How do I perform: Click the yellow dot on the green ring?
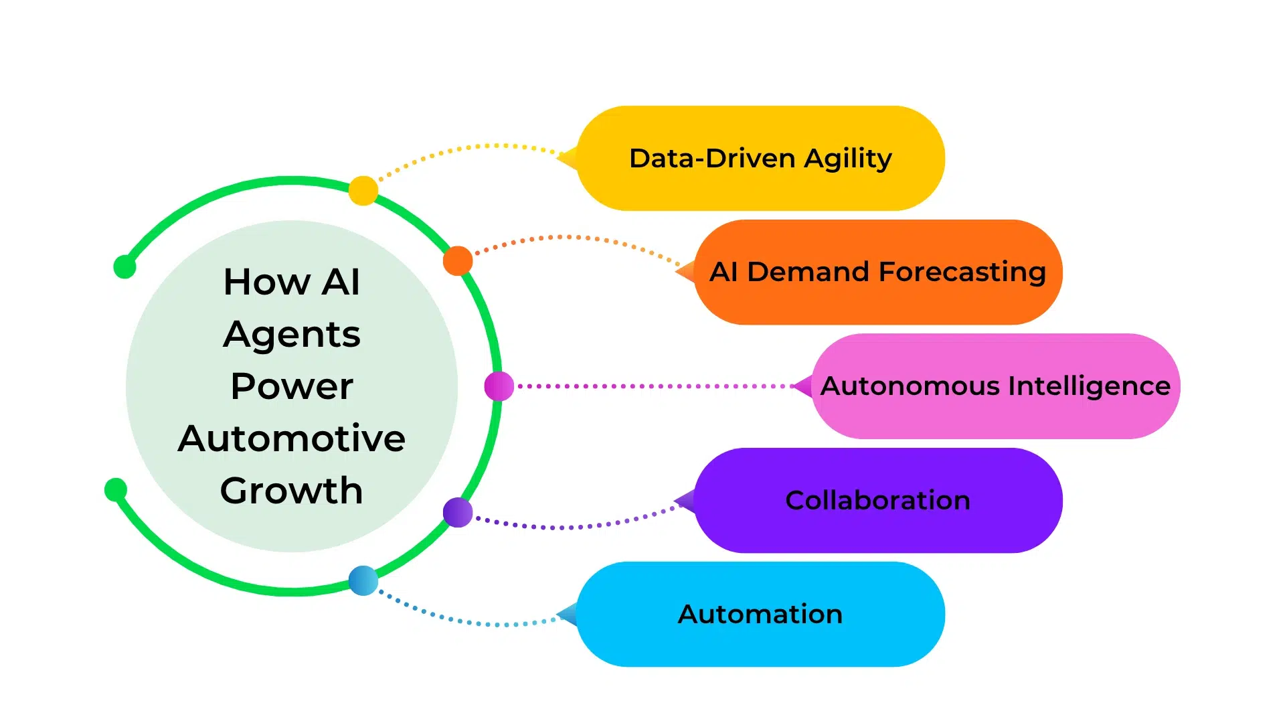click(x=363, y=191)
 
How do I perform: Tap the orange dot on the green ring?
click(x=458, y=260)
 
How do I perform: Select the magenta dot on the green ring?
click(x=499, y=386)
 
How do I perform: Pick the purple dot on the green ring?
click(x=458, y=513)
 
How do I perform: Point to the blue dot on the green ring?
click(x=363, y=580)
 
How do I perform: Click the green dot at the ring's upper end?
click(x=124, y=266)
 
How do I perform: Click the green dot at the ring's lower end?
click(x=116, y=489)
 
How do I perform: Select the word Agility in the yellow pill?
click(x=848, y=159)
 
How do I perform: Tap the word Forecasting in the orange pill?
click(x=962, y=272)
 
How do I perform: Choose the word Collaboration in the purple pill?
click(x=877, y=501)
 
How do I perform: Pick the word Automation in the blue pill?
click(x=760, y=615)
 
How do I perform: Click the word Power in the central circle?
click(x=292, y=387)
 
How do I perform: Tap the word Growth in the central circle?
click(x=292, y=491)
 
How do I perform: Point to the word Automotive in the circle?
click(x=292, y=439)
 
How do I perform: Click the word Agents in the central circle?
click(x=292, y=335)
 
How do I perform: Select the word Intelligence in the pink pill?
click(x=1090, y=386)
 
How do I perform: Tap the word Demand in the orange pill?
click(x=808, y=272)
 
